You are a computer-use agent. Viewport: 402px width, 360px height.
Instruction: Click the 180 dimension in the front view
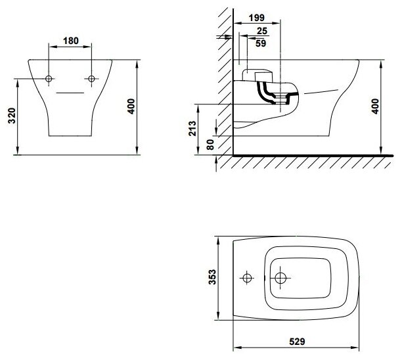coord(71,41)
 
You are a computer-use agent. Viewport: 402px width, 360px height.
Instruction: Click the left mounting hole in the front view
coord(49,79)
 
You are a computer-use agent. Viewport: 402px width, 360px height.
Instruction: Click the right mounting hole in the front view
coord(91,79)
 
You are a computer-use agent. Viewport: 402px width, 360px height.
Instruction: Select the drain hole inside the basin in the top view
coord(280,278)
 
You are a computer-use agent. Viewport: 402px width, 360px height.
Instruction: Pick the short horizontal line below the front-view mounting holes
coord(70,93)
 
